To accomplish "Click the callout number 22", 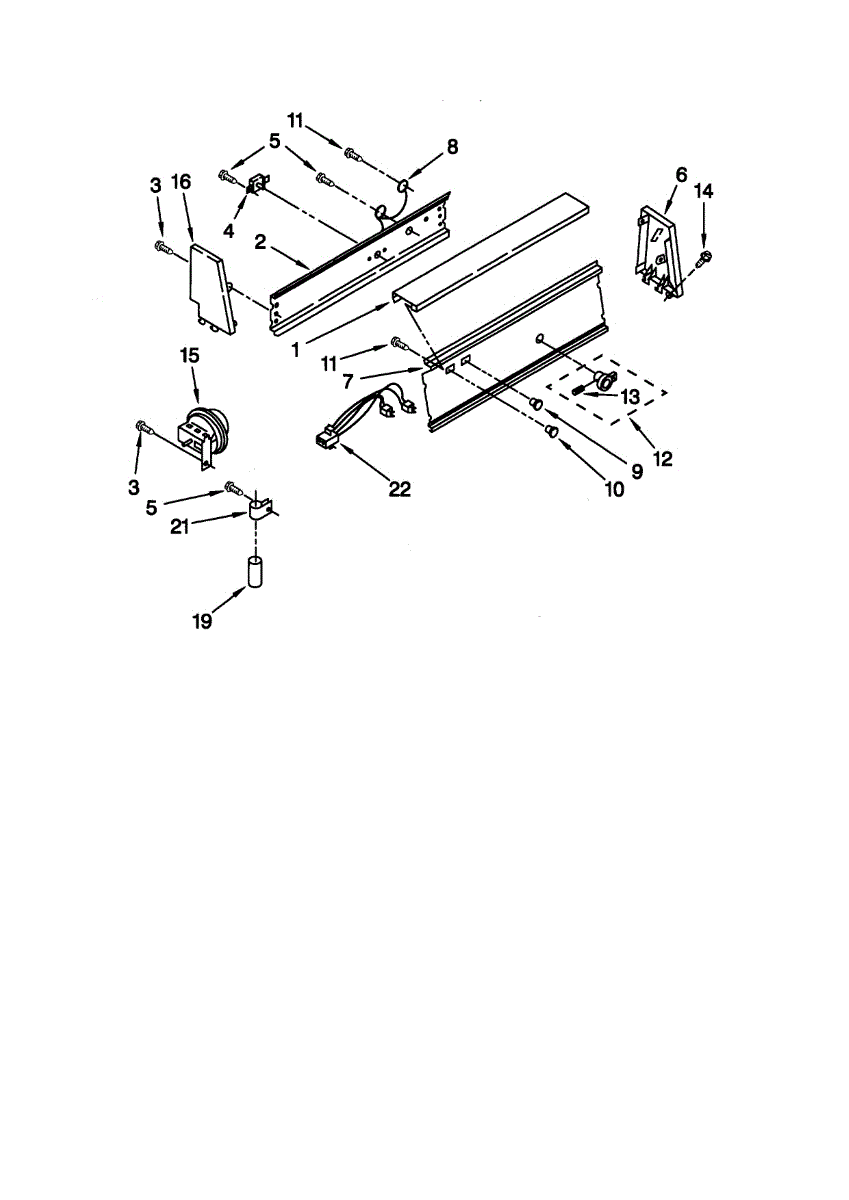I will pos(399,489).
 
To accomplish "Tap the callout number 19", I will pos(203,621).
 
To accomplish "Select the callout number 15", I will pos(189,355).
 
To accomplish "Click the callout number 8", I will pos(452,147).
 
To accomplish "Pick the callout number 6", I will pos(681,174).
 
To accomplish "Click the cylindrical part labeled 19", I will pos(256,575).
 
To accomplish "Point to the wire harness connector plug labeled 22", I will pos(324,437).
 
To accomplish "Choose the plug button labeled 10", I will pos(551,432).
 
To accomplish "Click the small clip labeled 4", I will pos(254,184).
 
